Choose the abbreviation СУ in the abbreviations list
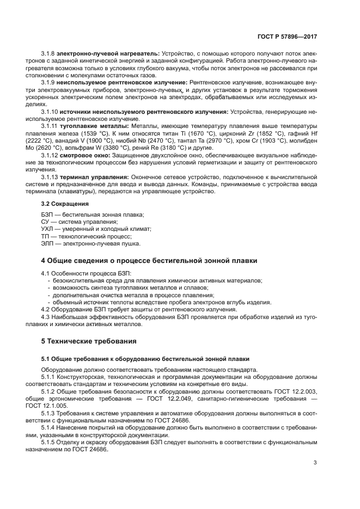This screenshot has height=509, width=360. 46,222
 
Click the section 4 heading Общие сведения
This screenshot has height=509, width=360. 149,261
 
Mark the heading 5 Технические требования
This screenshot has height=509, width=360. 89,341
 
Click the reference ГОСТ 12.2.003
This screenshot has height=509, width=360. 295,391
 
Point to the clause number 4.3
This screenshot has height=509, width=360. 46,317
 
